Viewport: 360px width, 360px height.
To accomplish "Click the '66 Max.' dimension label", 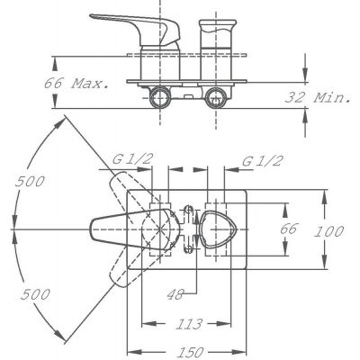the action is (x=76, y=83).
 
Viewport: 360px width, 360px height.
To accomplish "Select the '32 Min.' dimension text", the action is (x=318, y=97).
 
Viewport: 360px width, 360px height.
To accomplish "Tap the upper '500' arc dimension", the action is (x=30, y=181).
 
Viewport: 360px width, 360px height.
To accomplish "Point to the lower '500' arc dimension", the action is (x=35, y=294).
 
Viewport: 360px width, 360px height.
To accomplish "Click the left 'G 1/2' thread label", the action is (x=132, y=160).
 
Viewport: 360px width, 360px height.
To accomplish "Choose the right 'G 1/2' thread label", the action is (x=263, y=162).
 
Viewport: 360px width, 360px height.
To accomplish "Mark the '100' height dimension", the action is (x=328, y=231).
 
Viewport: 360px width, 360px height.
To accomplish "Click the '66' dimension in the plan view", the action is (x=289, y=229).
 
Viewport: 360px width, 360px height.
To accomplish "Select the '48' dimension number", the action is (x=175, y=294).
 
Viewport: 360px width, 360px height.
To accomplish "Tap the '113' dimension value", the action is (x=189, y=324).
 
